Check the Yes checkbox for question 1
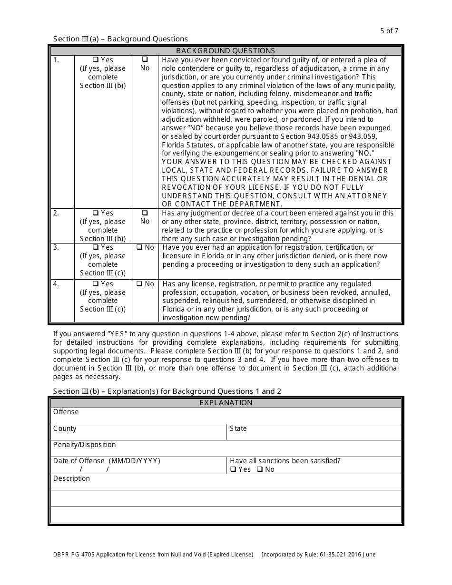[95, 60]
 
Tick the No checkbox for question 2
[145, 213]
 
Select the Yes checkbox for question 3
[95, 247]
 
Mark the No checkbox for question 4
[139, 284]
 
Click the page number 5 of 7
[389, 31]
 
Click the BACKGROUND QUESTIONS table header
[226, 51]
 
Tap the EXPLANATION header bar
[226, 403]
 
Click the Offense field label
[66, 412]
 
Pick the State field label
[238, 429]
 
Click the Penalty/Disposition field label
[84, 445]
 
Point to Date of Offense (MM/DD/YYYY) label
[107, 461]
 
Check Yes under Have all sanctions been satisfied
[233, 469]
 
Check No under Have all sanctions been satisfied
[260, 469]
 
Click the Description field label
[71, 478]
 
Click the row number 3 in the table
[56, 247]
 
